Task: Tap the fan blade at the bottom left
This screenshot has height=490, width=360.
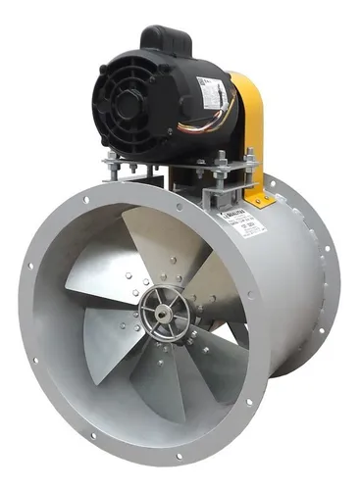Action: [x=108, y=343]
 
